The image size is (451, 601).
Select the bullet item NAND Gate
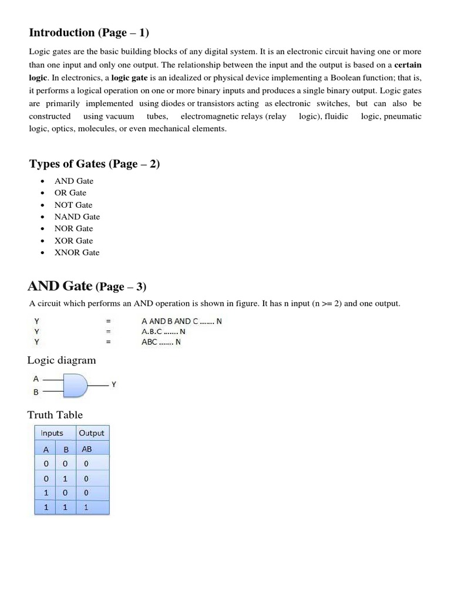77,217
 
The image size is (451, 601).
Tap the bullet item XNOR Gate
77,252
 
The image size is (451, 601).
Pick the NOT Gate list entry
73,205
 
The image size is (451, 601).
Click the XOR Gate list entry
73,241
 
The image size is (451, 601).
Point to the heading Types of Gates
94,164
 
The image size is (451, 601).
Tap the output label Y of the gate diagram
114,384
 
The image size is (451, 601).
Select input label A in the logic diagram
36,379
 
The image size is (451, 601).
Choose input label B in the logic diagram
36,393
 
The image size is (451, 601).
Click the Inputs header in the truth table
52,433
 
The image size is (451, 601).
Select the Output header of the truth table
92,433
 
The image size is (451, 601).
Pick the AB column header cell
86,449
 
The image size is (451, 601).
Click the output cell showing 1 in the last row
86,508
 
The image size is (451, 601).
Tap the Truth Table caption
55,415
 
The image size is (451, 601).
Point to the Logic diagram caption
62,360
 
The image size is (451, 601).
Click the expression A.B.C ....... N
163,332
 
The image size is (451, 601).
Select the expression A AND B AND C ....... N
181,321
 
